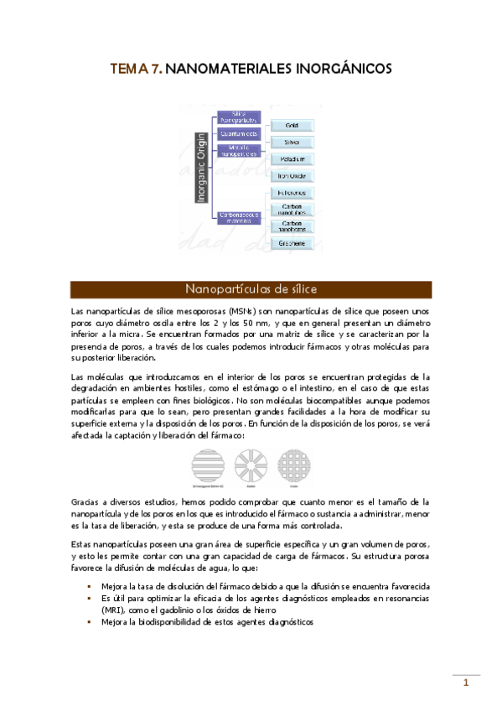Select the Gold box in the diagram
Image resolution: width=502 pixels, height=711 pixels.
coord(292,125)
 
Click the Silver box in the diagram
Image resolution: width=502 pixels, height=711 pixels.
coord(292,142)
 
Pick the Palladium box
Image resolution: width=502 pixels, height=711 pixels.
coord(292,158)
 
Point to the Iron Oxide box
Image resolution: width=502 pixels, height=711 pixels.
coord(292,175)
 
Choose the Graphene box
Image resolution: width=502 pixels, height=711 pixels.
coord(292,243)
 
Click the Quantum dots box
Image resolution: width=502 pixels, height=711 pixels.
coord(238,133)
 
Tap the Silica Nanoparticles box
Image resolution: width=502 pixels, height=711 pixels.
coord(238,117)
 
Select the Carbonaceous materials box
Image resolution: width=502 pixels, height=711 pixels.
coord(238,217)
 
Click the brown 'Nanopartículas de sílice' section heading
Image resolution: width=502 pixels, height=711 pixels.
coord(251,289)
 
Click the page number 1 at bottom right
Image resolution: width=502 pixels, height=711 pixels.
coord(466,683)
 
